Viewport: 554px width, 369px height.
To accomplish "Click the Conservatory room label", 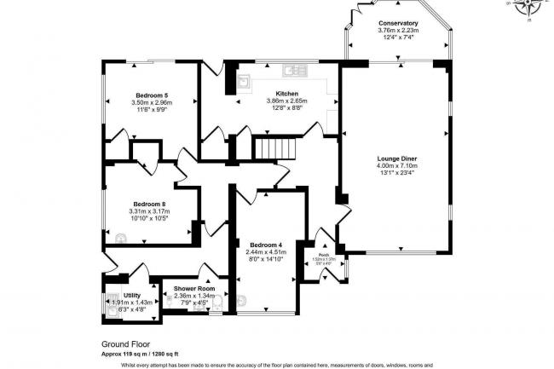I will [398, 23].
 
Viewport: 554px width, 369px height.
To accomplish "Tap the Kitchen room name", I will [286, 93].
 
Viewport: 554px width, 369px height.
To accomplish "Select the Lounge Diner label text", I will [393, 158].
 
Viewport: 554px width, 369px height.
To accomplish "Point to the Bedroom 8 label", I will [148, 204].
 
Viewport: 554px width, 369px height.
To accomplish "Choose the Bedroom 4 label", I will [267, 245].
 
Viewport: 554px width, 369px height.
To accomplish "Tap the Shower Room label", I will [193, 289].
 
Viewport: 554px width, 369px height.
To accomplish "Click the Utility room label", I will [130, 294].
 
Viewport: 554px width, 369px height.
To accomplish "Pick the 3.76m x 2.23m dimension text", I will [398, 31].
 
